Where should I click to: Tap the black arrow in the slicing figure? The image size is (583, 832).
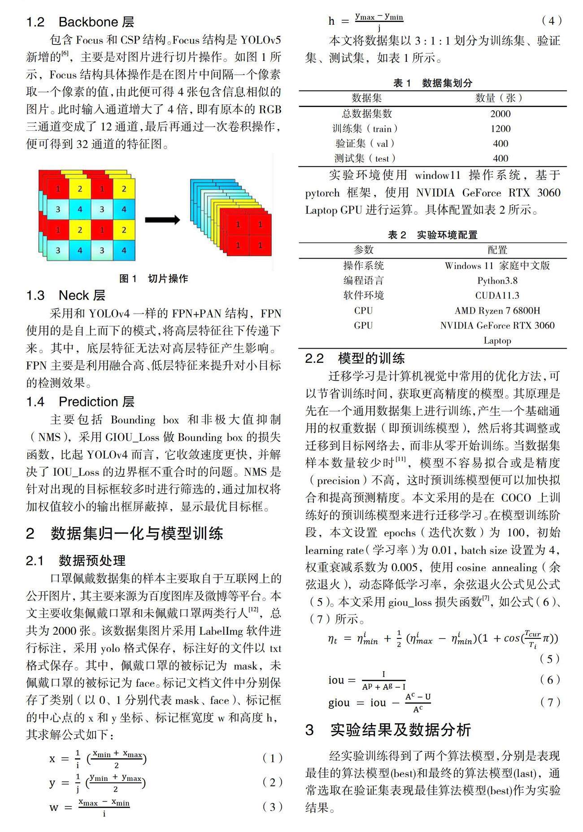point(162,220)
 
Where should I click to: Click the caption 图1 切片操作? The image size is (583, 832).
point(153,279)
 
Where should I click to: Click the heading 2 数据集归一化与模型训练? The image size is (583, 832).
point(124,534)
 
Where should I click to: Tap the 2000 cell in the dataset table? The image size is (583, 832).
point(500,114)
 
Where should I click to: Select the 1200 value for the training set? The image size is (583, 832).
point(500,129)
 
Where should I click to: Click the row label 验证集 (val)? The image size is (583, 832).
point(365,144)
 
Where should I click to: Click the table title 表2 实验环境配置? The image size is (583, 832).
point(432,235)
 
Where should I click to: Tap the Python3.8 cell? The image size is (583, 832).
point(497,281)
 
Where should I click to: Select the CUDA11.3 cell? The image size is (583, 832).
point(497,296)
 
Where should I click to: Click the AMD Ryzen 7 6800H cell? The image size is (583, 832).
point(497,310)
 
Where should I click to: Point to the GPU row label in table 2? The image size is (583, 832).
point(363,326)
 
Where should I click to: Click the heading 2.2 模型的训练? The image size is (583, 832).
point(355,358)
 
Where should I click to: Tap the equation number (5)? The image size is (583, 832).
point(550,659)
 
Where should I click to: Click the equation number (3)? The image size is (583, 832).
point(272,807)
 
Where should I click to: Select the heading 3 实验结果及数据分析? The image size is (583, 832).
point(388,730)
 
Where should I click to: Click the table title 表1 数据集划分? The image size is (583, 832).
point(432,83)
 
